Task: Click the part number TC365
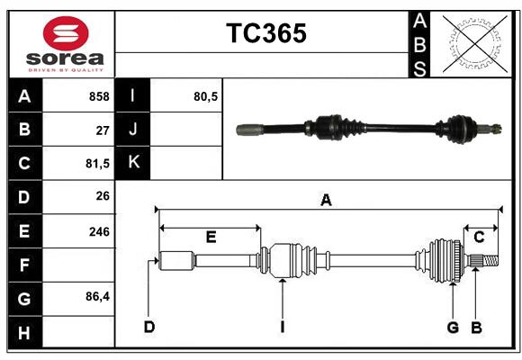pos(265,33)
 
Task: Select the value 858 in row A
pos(98,96)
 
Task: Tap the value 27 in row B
pos(103,130)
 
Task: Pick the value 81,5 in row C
pos(95,164)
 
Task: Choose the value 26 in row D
pos(103,197)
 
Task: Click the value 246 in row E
pos(99,231)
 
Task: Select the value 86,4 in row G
pos(96,299)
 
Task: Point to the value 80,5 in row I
pos(206,96)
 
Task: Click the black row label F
pos(24,265)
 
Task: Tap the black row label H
pos(24,332)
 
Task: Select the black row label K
pos(133,163)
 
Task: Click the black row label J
pos(133,130)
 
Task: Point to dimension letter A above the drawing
pos(326,201)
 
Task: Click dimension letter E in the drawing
pos(211,238)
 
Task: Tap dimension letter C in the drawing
pos(480,238)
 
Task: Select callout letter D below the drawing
pos(149,327)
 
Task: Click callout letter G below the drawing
pos(453,327)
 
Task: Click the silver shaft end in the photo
pos(247,130)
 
